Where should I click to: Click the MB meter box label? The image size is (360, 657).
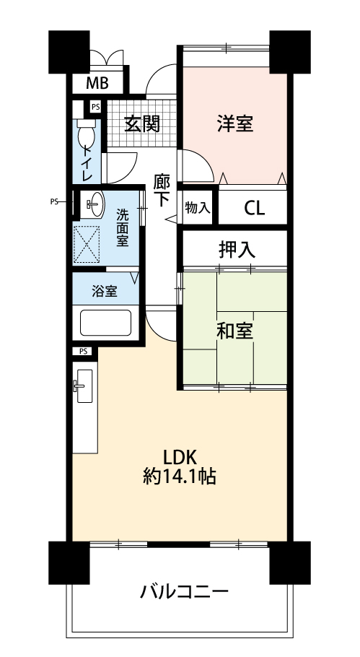(97, 84)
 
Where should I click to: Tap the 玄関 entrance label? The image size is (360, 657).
(142, 123)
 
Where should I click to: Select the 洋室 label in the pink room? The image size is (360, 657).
(235, 123)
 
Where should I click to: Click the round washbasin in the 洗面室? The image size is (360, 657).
(97, 204)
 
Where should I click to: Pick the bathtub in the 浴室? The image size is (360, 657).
(105, 323)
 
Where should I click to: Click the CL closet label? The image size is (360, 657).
(255, 208)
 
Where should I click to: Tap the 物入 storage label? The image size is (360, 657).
(198, 208)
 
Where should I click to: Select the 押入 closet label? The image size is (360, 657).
(237, 250)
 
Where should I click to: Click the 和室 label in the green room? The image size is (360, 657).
(234, 331)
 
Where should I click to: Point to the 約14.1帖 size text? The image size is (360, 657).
(180, 477)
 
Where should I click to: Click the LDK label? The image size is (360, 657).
(180, 457)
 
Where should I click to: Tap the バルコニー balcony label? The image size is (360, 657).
(185, 592)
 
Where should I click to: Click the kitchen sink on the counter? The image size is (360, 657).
(85, 386)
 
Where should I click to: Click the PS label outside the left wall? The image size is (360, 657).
(54, 201)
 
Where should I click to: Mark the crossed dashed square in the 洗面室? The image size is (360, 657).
(87, 245)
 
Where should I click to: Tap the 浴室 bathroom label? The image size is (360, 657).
(105, 291)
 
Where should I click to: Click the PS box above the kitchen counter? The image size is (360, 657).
(83, 351)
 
